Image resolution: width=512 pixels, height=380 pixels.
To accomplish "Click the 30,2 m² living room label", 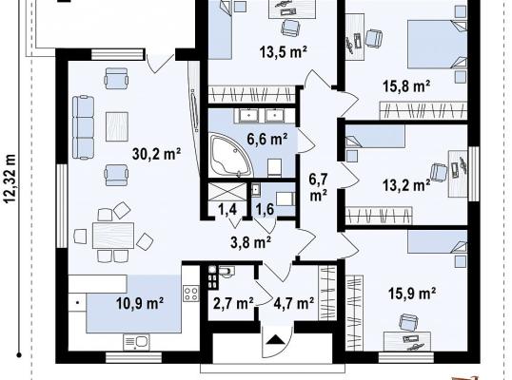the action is click(x=157, y=154).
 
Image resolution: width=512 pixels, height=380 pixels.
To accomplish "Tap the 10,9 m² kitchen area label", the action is click(x=140, y=303).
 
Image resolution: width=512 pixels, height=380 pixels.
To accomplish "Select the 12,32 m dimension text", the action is click(x=10, y=179).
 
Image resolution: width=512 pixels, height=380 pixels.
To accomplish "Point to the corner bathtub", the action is click(x=232, y=154).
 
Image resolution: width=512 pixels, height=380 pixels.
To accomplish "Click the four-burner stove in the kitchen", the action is click(x=191, y=293).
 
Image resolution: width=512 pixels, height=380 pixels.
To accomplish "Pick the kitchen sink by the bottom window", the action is click(x=136, y=342).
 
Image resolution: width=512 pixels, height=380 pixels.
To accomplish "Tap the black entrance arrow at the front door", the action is click(x=276, y=340).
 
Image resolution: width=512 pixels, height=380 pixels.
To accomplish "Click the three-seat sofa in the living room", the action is click(x=83, y=127).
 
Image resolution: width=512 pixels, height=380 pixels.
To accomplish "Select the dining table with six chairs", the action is click(x=113, y=236).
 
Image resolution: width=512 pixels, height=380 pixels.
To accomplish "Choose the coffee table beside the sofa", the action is click(x=117, y=126).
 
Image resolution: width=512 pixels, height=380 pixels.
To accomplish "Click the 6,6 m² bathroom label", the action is click(x=267, y=140).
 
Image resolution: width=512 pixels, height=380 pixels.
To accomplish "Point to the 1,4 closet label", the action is click(x=227, y=209).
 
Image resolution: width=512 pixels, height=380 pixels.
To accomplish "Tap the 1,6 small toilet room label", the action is click(x=265, y=209).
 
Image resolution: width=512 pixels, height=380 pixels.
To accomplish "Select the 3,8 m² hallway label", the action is click(x=250, y=242).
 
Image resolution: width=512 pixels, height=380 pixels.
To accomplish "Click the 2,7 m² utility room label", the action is click(x=233, y=303).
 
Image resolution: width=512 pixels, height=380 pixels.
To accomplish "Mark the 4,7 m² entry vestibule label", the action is click(x=294, y=303).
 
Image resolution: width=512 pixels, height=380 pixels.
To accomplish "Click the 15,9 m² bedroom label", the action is click(x=412, y=294).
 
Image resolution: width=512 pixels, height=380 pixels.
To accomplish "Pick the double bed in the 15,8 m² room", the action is click(x=438, y=44).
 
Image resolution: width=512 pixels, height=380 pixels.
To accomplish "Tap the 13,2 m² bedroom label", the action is click(x=406, y=185).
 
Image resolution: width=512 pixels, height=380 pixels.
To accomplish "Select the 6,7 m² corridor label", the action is click(x=319, y=187).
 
